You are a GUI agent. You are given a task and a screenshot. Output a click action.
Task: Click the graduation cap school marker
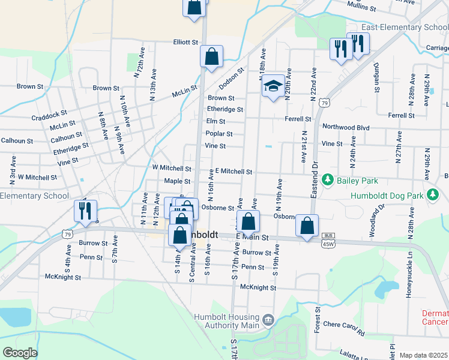click(x=273, y=86)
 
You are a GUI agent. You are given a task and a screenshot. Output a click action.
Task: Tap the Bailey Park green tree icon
click(x=328, y=179)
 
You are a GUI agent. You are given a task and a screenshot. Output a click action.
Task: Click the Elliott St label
click(x=185, y=43)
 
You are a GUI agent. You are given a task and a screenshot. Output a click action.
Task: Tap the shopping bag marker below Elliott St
click(x=211, y=57)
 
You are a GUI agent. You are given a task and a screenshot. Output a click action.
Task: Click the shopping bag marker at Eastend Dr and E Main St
click(x=307, y=226)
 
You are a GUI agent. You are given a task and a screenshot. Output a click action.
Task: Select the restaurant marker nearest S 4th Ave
click(x=85, y=211)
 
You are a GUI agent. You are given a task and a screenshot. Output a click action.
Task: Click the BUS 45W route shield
click(x=328, y=240)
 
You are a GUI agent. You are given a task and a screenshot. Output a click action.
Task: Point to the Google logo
click(x=20, y=353)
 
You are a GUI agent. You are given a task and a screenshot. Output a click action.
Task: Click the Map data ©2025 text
click(x=423, y=355)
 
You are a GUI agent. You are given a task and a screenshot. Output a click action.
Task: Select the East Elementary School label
click(x=404, y=28)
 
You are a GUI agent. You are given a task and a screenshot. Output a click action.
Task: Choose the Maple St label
click(x=177, y=181)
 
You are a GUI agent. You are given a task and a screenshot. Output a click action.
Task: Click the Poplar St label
click(x=219, y=134)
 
